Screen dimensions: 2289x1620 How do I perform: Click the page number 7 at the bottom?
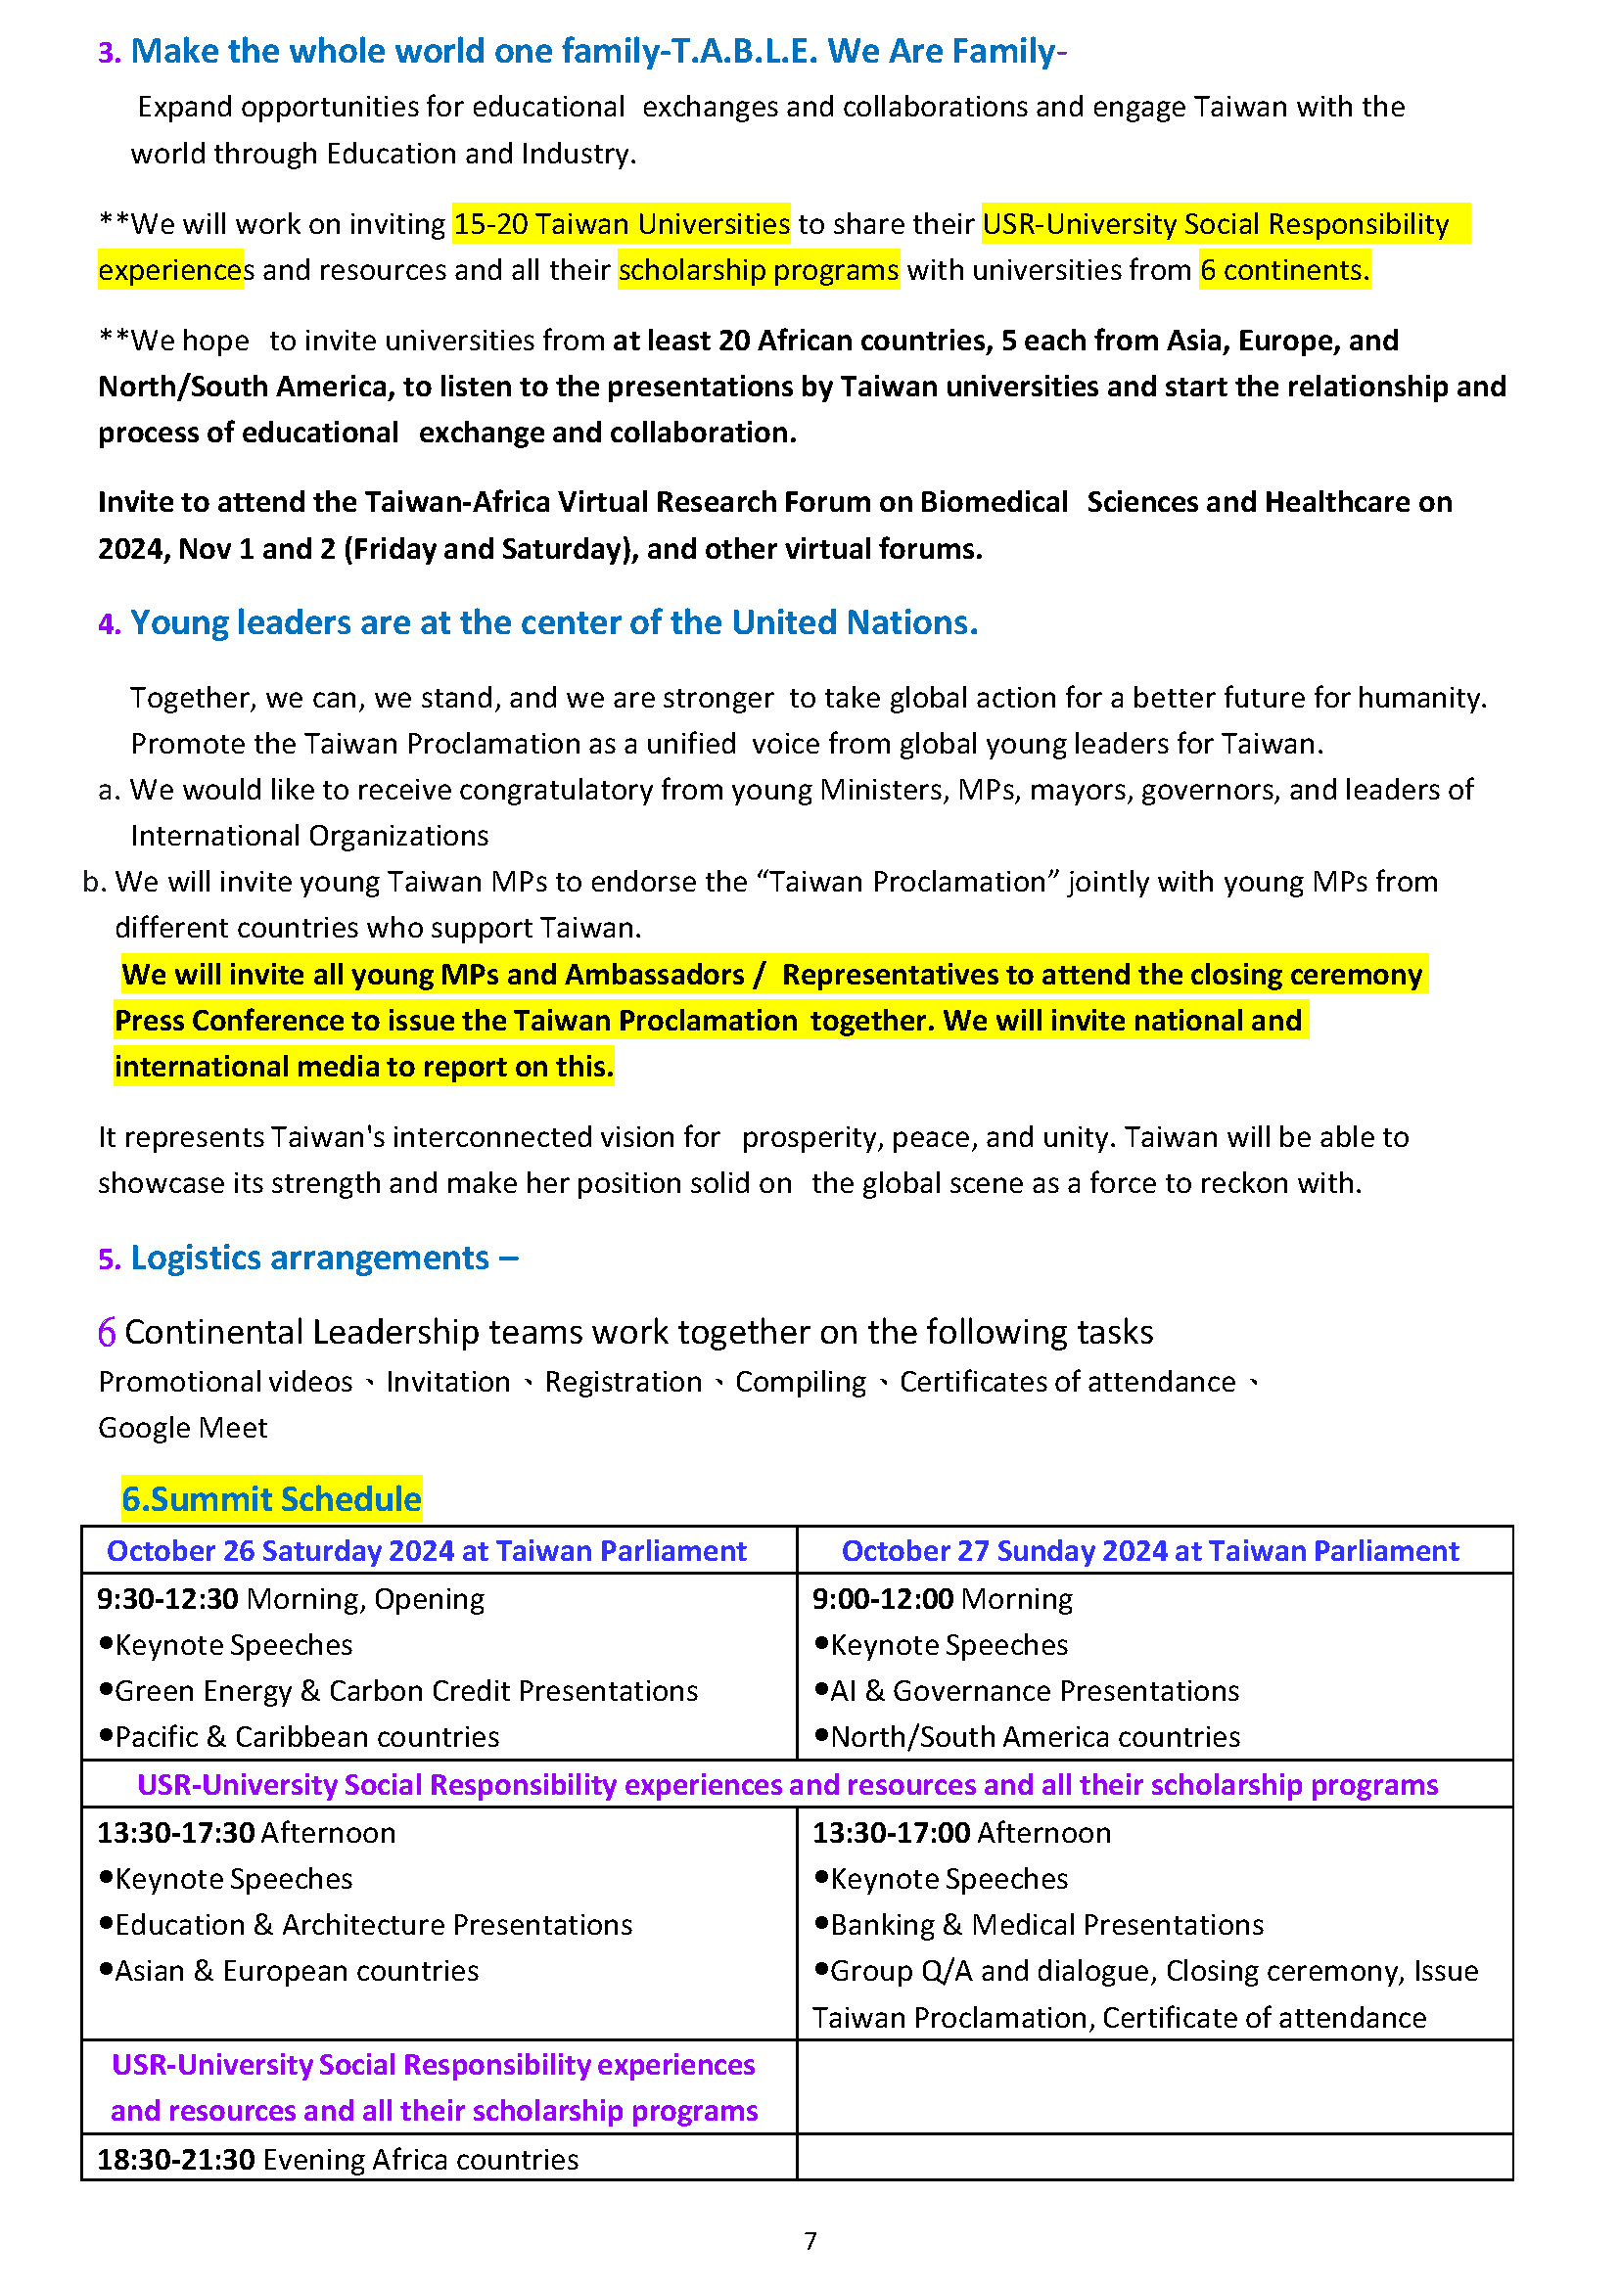(x=810, y=2241)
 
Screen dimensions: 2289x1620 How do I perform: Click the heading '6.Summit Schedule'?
(x=271, y=1499)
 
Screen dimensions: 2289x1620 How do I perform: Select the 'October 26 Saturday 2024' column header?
(x=426, y=1551)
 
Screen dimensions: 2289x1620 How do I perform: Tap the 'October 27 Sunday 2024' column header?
(x=1149, y=1551)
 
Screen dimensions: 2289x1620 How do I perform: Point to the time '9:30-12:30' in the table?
(x=167, y=1599)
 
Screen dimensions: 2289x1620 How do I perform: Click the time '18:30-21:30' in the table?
(x=175, y=2160)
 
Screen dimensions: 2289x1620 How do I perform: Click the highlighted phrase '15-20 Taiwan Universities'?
(x=622, y=223)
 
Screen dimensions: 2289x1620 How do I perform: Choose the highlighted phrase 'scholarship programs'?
(x=759, y=270)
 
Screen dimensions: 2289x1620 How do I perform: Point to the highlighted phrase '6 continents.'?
(x=1285, y=270)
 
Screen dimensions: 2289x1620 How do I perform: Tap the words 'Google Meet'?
(x=182, y=1427)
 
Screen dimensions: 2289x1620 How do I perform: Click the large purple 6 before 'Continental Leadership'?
(x=107, y=1332)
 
